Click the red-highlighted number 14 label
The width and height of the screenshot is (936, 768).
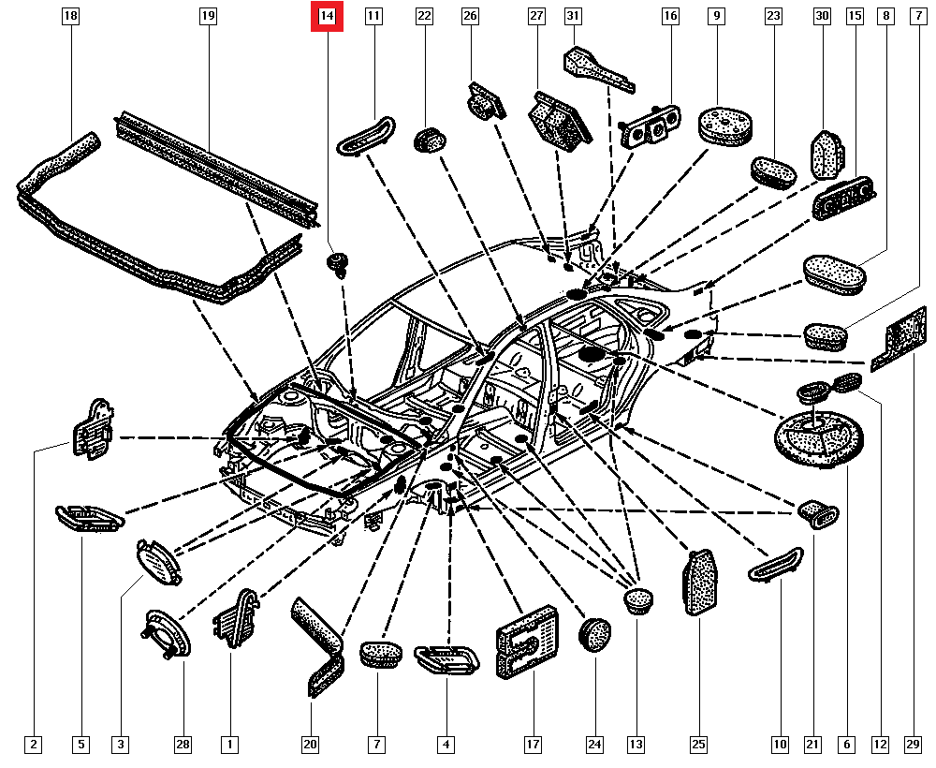[x=327, y=16]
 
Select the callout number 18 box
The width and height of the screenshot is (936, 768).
[x=71, y=16]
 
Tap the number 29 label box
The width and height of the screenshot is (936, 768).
[x=913, y=745]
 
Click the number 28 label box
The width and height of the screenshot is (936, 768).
[x=183, y=745]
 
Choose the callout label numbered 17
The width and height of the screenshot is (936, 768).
[x=532, y=745]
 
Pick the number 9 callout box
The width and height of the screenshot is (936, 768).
[x=717, y=16]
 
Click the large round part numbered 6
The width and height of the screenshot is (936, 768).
[x=816, y=437]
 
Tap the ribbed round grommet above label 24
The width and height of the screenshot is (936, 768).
[x=594, y=632]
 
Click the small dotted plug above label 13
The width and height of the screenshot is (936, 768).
[x=638, y=599]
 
